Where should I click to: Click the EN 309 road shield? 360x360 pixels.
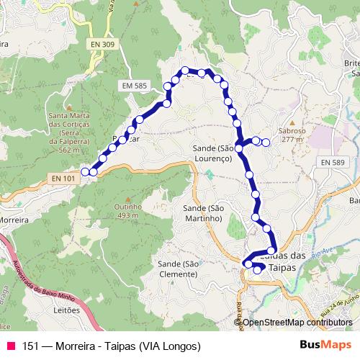[104, 45]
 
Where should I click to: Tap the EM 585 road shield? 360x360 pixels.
[136, 86]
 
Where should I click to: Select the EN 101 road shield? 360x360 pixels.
[64, 178]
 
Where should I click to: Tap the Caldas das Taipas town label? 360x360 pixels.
[282, 261]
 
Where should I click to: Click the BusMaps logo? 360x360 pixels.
[321, 346]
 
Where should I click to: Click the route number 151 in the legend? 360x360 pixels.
[30, 346]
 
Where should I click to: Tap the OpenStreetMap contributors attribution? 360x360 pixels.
[297, 323]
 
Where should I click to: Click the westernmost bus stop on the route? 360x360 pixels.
[85, 171]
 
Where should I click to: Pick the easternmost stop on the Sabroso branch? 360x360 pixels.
[266, 142]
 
